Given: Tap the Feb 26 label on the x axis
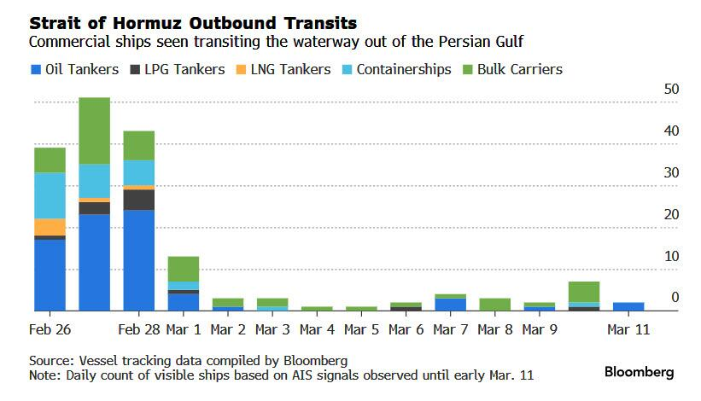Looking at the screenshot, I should point(50,329).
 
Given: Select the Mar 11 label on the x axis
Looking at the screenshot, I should point(628,329).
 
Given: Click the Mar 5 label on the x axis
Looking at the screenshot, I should point(361,329).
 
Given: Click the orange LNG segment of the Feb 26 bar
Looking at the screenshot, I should point(50,227).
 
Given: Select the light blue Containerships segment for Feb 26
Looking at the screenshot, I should point(50,195).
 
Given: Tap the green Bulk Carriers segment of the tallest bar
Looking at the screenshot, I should point(95,130).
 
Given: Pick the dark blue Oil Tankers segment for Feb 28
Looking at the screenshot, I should point(139,260).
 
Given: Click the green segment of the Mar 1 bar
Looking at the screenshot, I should point(184,268).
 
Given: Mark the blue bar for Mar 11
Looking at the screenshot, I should point(628,306).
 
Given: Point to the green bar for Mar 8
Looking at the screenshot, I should point(494,305).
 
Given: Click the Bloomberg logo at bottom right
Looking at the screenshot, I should point(640,372).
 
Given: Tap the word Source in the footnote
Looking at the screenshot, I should point(49,359).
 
